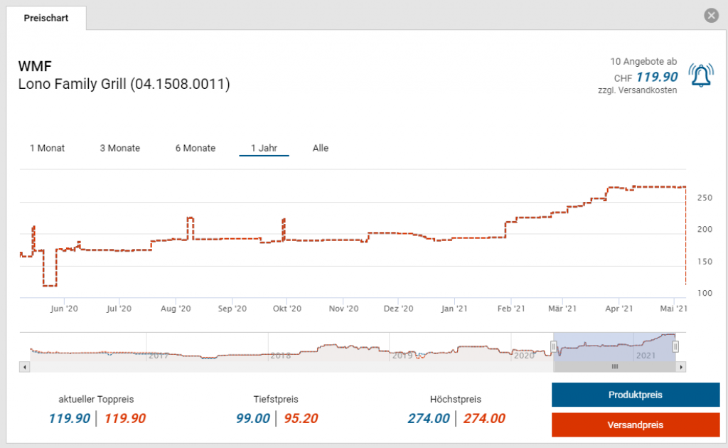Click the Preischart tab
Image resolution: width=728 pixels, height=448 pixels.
click(46, 18)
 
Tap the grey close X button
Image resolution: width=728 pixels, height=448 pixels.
click(711, 16)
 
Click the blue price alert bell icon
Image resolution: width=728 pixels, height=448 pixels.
click(702, 76)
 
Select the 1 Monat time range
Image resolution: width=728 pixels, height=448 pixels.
click(47, 148)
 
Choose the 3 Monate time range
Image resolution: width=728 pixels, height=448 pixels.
click(119, 148)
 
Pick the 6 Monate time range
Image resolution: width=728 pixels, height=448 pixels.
click(196, 148)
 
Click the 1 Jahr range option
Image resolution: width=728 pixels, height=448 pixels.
click(264, 148)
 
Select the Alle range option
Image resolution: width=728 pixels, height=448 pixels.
click(321, 148)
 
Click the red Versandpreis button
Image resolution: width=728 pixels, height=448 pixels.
click(636, 425)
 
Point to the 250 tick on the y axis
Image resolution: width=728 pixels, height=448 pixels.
click(702, 198)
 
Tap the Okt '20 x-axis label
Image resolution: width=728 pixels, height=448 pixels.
click(287, 309)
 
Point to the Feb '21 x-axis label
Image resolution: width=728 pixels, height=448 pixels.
click(510, 309)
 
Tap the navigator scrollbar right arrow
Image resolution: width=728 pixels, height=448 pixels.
click(681, 367)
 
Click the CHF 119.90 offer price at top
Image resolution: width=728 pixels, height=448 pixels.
click(656, 78)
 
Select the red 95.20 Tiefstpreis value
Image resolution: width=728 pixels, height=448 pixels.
click(301, 418)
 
